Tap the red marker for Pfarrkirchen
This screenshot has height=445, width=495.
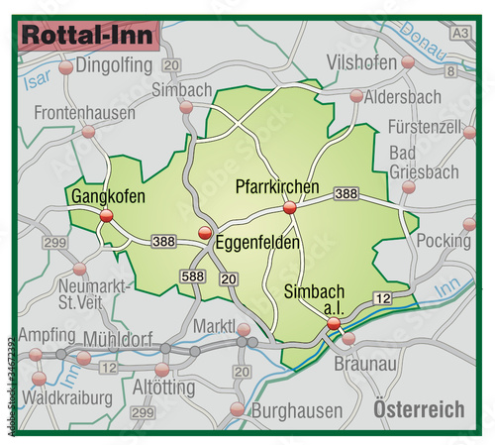coord(290,208)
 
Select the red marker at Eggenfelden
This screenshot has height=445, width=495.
coord(205,233)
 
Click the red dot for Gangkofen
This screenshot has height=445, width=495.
coord(107,215)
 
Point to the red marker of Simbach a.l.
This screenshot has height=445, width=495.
coord(334,323)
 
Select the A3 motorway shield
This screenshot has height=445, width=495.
coord(459,33)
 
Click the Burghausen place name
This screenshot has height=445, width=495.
coord(295,408)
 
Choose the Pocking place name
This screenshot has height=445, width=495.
coord(444,241)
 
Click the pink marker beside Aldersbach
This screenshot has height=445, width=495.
coord(355,96)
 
